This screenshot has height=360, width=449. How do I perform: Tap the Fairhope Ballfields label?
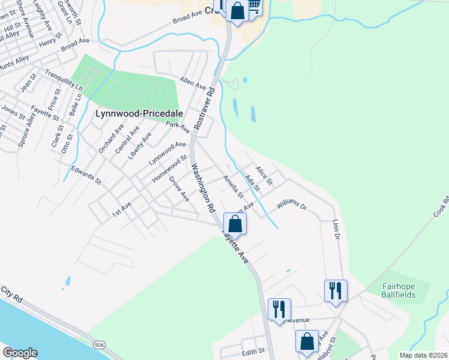[x=406, y=290]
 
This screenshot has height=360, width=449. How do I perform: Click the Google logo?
[x=20, y=353]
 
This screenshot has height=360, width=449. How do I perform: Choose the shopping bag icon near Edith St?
[x=307, y=341]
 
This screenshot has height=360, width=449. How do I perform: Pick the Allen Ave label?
[x=193, y=83]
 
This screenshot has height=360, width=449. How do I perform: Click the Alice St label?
[x=265, y=175]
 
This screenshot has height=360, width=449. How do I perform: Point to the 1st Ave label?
[x=122, y=209]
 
